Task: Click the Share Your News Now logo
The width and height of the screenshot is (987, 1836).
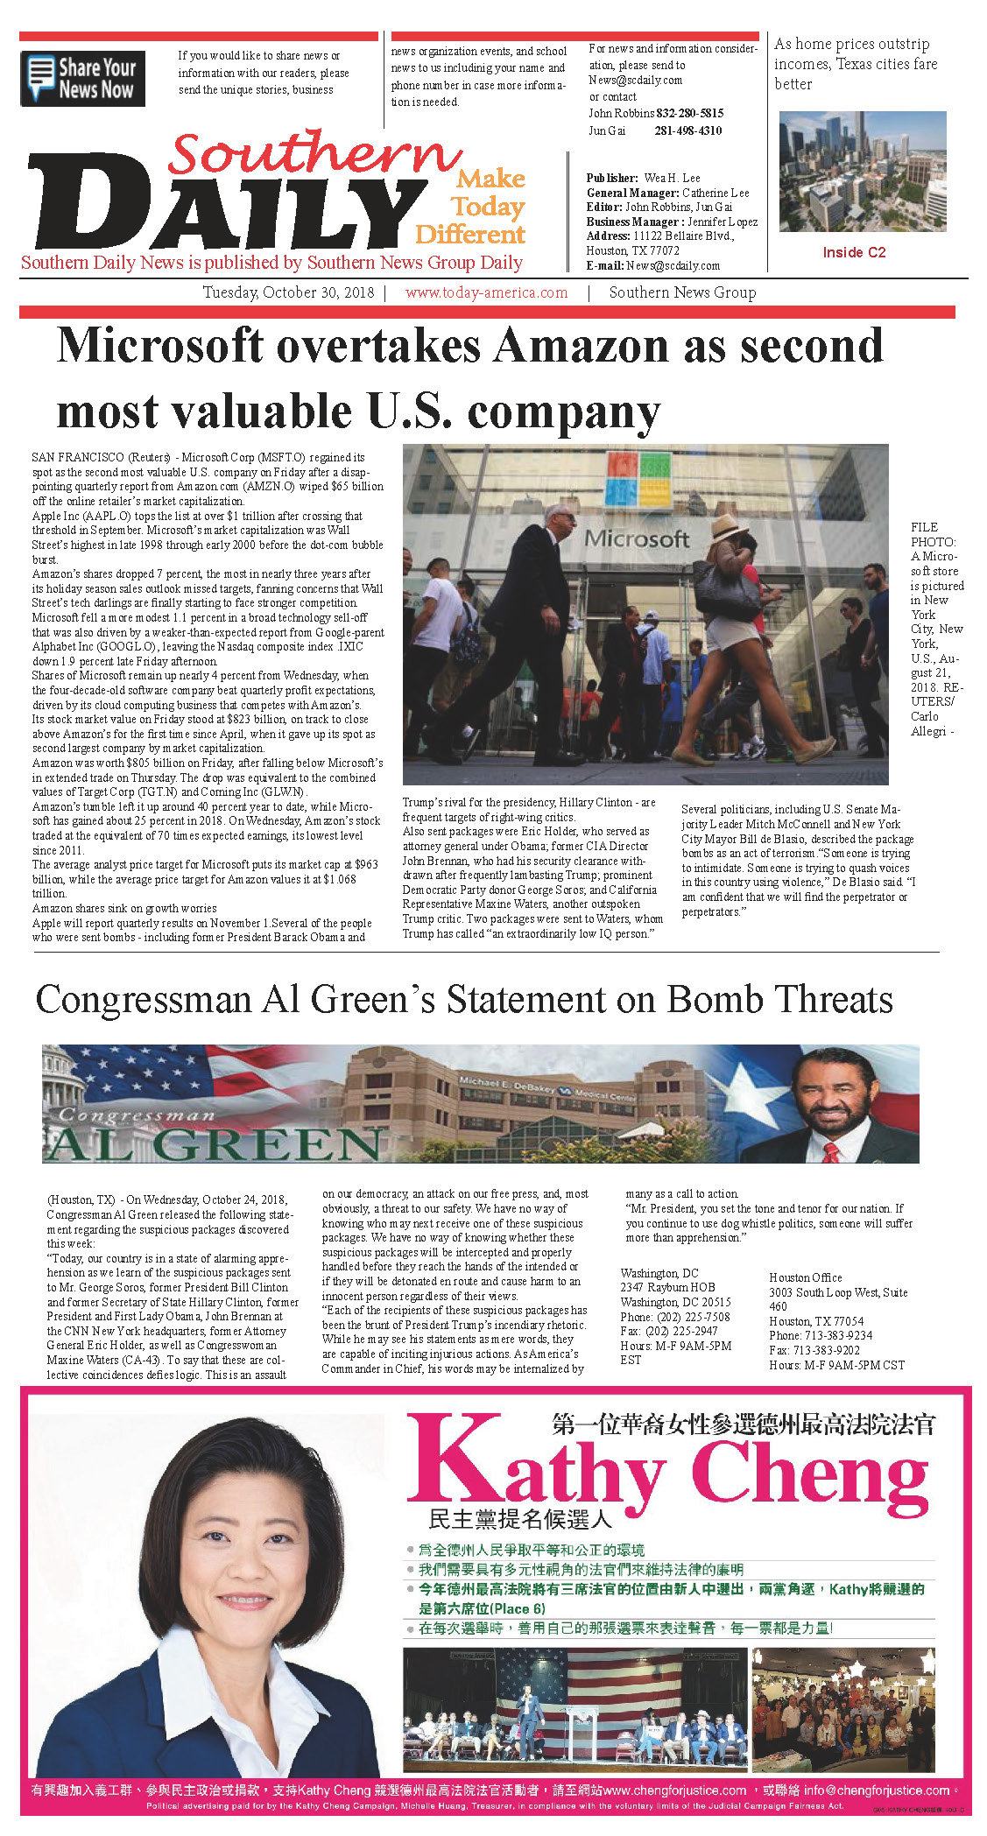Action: tap(82, 79)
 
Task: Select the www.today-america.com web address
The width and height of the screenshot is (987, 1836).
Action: tap(486, 292)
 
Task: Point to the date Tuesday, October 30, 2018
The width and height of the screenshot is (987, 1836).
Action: tap(288, 292)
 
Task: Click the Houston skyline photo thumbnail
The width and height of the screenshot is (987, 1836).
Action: tap(862, 171)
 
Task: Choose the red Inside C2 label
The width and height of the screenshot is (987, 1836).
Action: tap(854, 252)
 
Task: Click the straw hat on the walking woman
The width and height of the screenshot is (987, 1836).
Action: tap(730, 526)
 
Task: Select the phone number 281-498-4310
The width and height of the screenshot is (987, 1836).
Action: tap(687, 130)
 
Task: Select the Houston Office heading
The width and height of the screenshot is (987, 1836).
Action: tap(805, 1277)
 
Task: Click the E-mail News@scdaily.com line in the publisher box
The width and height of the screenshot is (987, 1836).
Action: tap(652, 265)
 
